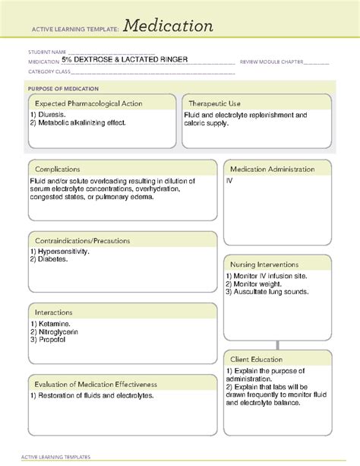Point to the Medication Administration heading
276,169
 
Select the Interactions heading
53,312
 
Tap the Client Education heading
257,359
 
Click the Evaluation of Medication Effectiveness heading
96,384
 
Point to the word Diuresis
55,115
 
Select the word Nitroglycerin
58,331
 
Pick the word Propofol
52,339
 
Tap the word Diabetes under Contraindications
53,259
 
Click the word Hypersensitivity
64,252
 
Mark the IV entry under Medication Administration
229,181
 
